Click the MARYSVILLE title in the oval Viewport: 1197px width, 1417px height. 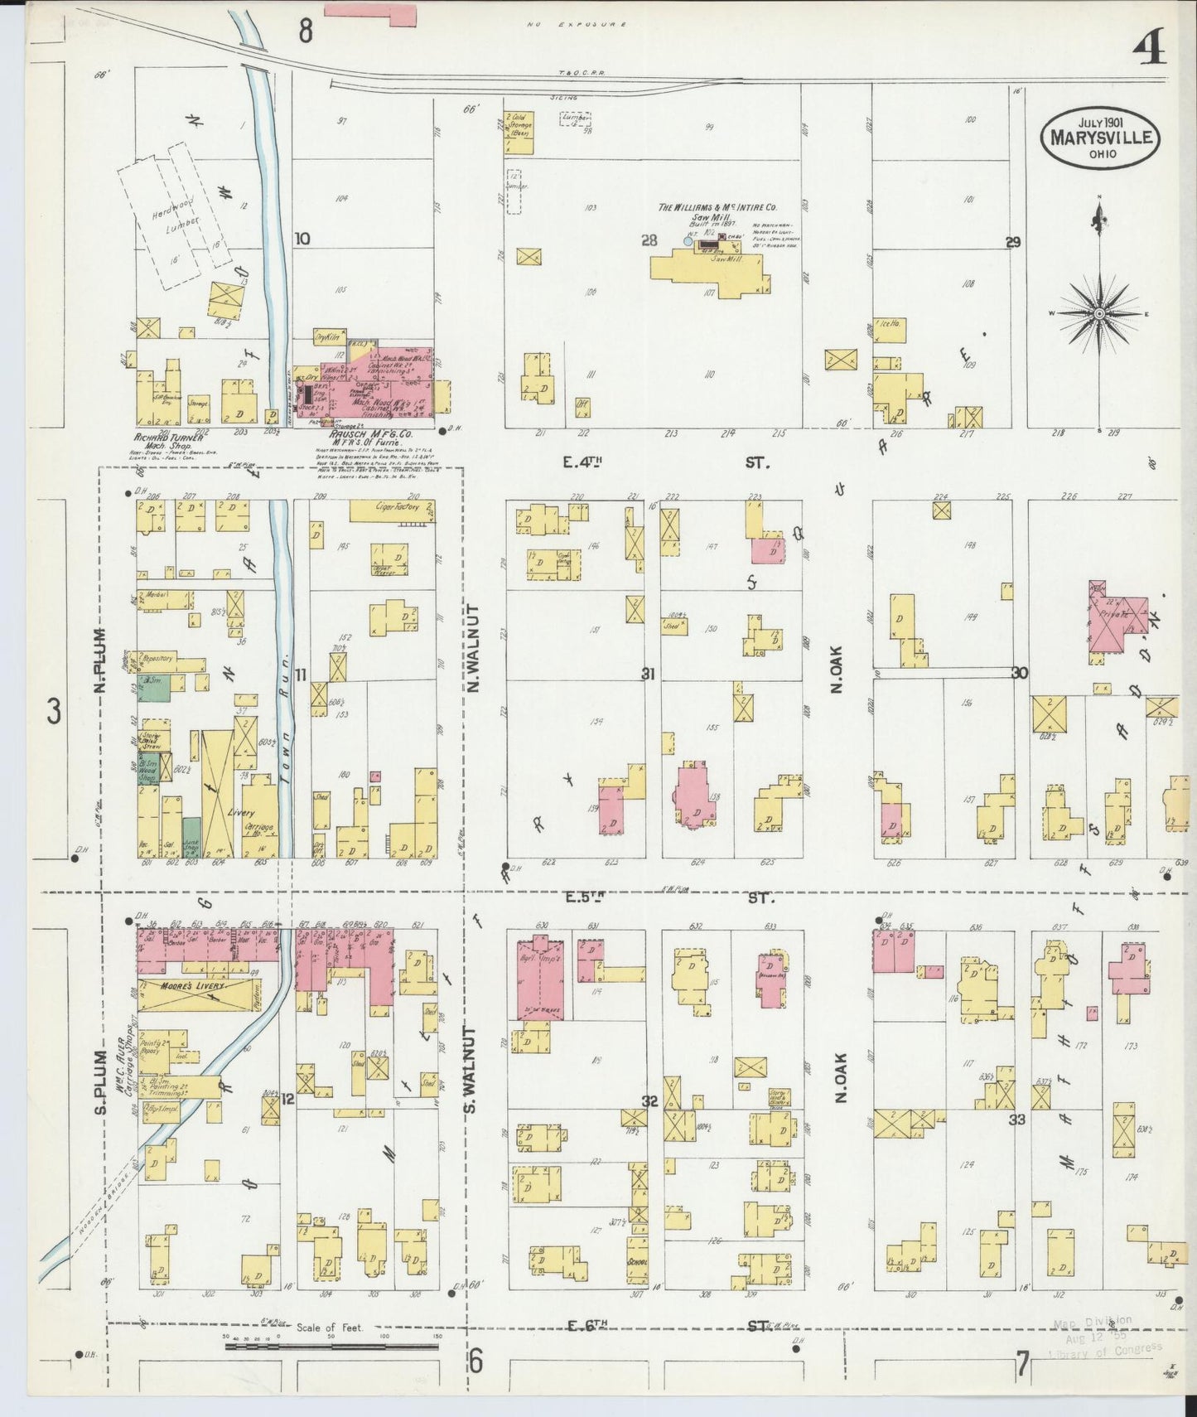coord(1100,138)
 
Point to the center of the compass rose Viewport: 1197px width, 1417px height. coord(1099,313)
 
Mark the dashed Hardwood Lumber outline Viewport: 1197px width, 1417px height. coord(175,215)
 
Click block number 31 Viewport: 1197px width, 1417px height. coord(648,675)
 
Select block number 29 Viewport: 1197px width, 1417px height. coord(1012,242)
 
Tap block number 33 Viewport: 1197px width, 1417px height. coord(1016,1119)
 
